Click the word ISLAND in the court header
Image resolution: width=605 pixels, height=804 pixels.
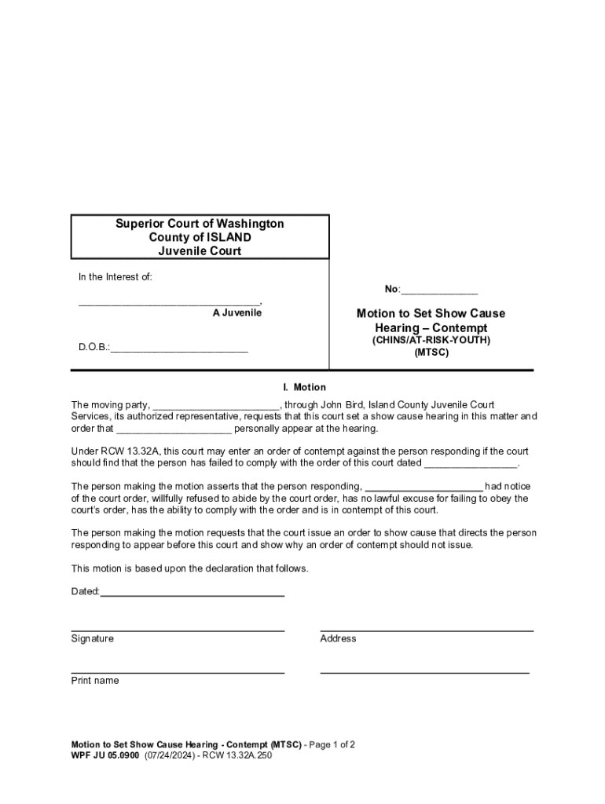point(229,237)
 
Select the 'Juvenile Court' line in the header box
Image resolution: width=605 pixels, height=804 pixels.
point(200,251)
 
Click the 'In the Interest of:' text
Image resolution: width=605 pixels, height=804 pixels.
point(115,277)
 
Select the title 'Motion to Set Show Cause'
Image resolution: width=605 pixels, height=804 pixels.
point(431,313)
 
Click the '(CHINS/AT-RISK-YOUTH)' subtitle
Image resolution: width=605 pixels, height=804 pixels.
point(431,340)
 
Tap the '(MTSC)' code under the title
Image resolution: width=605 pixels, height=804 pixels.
point(431,353)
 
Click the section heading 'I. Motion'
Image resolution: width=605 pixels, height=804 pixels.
point(304,387)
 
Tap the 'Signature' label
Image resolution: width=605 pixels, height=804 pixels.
point(92,638)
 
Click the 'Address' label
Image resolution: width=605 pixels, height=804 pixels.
point(338,638)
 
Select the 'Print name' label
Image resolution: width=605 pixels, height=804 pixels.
point(95,681)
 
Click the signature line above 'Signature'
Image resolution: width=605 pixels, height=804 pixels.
point(178,630)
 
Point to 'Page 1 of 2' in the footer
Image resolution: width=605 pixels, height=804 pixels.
point(333,744)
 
